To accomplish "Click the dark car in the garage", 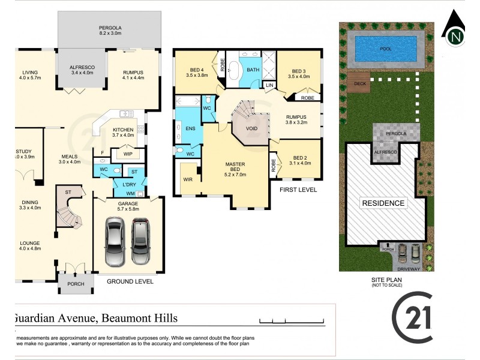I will point(140,241).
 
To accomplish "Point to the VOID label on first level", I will point(251,128).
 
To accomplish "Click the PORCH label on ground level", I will point(76,284).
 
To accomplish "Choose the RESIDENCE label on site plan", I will point(383,203).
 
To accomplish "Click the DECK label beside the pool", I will point(360,84).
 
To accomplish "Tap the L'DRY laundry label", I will point(130,185).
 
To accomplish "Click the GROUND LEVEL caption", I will point(130,281).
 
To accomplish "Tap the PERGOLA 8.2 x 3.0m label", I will point(110,31).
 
